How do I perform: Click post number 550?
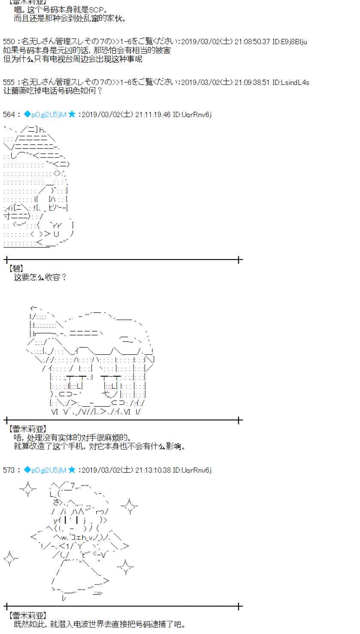point(9,42)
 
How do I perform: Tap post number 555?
point(9,82)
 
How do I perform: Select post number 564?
point(9,114)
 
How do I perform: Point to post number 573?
point(9,470)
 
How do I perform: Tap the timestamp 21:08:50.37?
point(252,42)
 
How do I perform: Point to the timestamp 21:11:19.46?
point(153,114)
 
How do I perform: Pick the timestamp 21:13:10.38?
point(153,470)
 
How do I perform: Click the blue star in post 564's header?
point(72,114)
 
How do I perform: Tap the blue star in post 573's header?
point(72,470)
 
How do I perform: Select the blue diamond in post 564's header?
point(27,114)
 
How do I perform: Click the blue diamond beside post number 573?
point(27,470)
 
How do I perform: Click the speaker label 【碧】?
point(16,269)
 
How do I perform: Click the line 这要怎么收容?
point(40,277)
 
